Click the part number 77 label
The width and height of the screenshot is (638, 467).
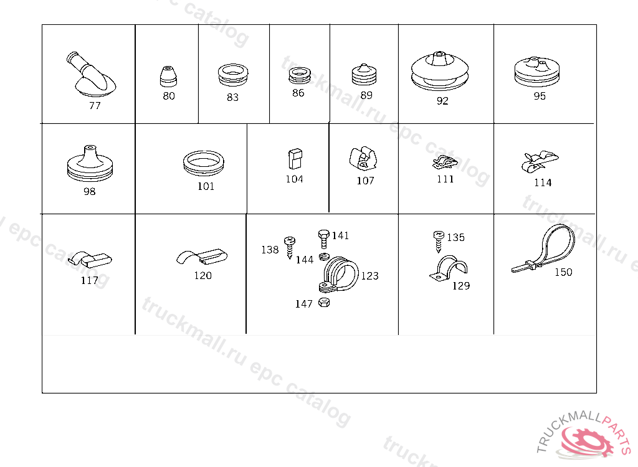pos(95,106)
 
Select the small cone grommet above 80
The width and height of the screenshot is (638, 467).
pos(168,76)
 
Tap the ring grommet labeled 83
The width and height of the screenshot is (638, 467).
pos(233,75)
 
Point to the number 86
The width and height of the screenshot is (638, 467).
pos(298,93)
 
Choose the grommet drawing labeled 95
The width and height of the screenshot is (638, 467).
pos(536,72)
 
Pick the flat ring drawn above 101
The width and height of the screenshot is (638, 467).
pos(204,163)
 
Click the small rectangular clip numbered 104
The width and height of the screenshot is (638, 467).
pos(295,159)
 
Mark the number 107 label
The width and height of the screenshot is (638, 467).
pos(365,181)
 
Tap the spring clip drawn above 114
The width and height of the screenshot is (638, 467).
pos(540,161)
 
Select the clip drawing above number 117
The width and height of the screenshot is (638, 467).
pos(90,259)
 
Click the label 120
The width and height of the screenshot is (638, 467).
pos(202,275)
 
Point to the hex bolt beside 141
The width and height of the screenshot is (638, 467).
pos(323,238)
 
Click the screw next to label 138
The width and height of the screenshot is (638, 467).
pos(290,247)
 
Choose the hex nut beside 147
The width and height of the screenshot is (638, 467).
pos(324,302)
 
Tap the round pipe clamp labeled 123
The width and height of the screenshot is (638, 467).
pos(338,275)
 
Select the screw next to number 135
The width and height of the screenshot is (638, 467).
pos(439,242)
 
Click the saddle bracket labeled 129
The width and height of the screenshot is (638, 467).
pos(449,268)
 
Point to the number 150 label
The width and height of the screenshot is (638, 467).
pos(563,272)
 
